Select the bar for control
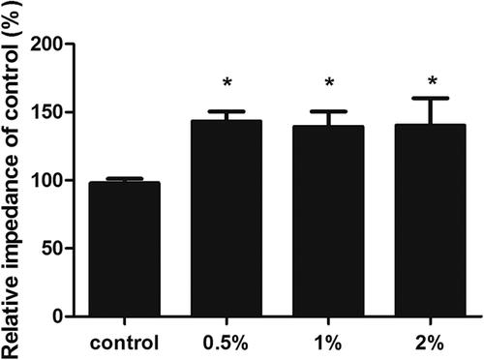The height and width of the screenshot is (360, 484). [x=125, y=249]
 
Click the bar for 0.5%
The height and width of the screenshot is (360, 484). [x=227, y=218]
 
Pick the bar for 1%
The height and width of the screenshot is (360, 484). [x=328, y=221]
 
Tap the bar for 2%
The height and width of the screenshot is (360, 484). [x=431, y=220]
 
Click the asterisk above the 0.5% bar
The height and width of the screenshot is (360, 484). [x=227, y=82]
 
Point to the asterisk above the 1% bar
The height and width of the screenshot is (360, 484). [x=329, y=82]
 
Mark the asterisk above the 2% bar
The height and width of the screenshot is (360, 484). [x=432, y=80]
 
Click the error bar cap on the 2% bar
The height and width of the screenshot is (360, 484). [x=431, y=98]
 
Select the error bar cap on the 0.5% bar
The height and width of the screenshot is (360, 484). [x=227, y=111]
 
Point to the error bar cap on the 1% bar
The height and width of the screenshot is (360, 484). [x=328, y=111]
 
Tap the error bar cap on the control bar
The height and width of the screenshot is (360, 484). [x=125, y=178]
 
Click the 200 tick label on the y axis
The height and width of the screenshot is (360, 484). [x=46, y=44]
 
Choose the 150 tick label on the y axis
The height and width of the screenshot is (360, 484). [x=46, y=112]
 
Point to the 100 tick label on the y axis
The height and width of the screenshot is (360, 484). [x=46, y=180]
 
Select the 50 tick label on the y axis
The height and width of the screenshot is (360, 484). [x=52, y=249]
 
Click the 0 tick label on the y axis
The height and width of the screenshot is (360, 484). [x=57, y=316]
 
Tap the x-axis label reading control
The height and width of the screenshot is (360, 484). [x=125, y=343]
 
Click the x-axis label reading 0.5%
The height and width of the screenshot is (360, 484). [x=226, y=343]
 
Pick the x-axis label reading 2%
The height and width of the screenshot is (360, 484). [x=430, y=343]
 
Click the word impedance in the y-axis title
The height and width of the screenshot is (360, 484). [x=12, y=212]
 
